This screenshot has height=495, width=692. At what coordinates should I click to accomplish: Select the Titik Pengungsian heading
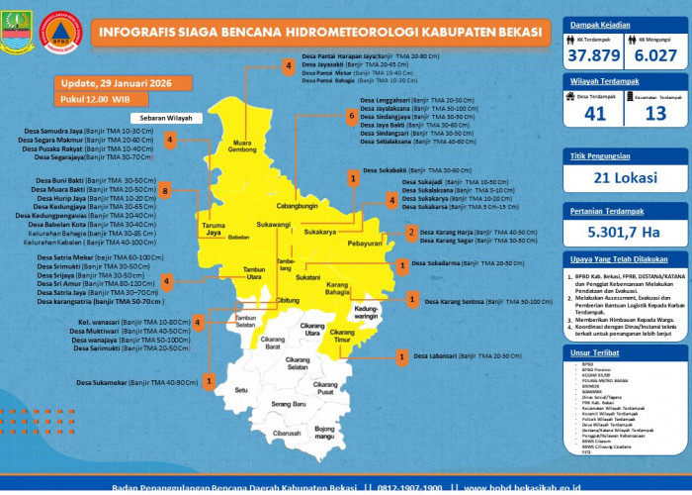601,155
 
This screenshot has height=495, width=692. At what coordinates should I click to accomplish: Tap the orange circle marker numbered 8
166,190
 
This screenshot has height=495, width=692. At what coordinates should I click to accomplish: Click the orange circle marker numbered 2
411,234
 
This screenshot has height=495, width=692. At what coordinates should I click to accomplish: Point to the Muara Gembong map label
243,146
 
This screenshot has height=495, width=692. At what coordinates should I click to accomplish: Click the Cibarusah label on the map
287,433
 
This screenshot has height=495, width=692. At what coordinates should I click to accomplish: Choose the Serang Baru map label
289,405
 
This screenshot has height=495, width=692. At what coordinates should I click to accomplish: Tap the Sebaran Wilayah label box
144,118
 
